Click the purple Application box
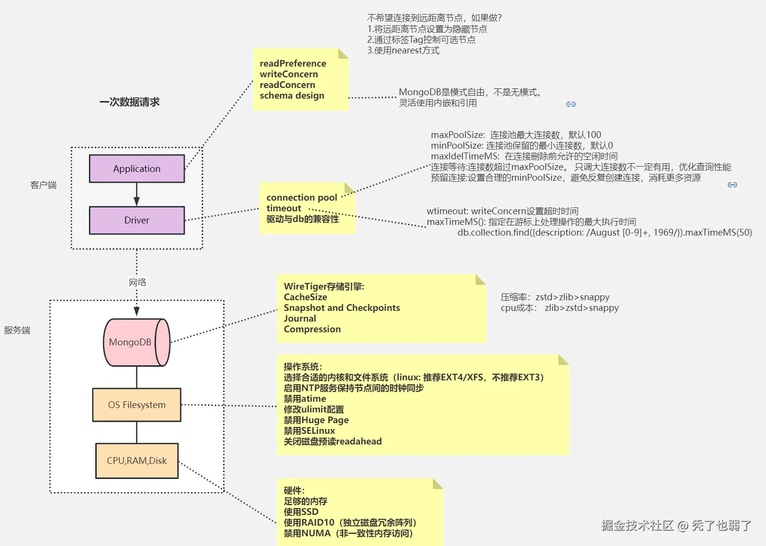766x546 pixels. [137, 169]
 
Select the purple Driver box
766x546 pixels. [137, 220]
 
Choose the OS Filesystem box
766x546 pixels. [137, 405]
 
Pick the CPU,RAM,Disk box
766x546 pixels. [137, 461]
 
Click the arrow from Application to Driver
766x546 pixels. [137, 194]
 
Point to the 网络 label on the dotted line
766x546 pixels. [138, 282]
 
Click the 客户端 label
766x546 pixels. [43, 185]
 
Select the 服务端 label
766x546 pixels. [17, 330]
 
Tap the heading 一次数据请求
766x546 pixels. [129, 102]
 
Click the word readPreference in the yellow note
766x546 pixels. [293, 64]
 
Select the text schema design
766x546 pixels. [292, 96]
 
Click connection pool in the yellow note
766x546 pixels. [301, 198]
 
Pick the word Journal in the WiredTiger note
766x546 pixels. [300, 319]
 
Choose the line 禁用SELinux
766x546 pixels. [309, 431]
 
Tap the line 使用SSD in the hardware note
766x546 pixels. [301, 512]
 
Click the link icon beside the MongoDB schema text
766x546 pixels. [571, 104]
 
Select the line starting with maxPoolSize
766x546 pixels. [516, 135]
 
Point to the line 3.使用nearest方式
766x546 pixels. [403, 51]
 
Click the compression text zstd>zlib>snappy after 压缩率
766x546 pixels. [572, 297]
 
